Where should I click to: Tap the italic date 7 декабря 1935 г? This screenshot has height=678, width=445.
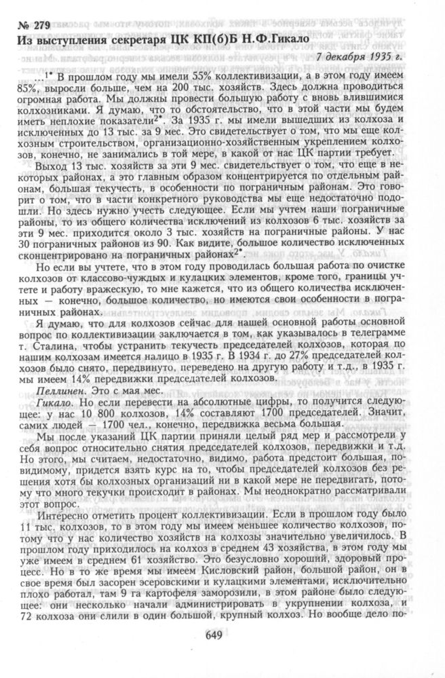tap(361, 56)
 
